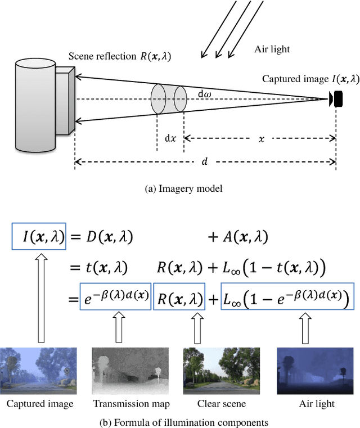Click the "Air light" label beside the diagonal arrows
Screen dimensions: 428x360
click(x=272, y=49)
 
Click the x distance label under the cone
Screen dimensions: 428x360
click(x=261, y=138)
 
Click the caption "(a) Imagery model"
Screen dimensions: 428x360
click(x=183, y=189)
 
